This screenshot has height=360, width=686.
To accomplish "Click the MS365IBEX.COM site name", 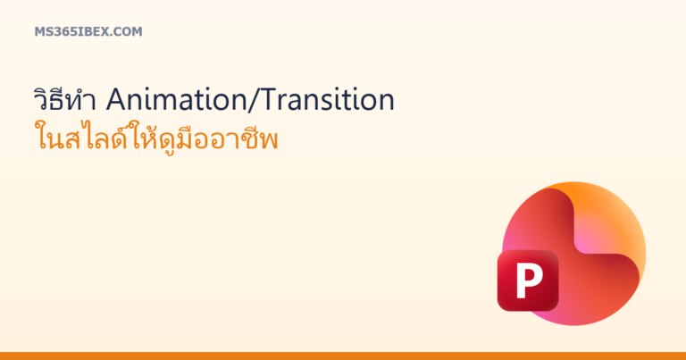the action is pos(88,31).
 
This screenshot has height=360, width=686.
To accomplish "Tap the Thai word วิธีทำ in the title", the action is pos(64,99).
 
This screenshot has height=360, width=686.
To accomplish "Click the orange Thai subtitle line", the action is pos(156,137).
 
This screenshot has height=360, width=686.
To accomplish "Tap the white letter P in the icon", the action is pos(529,280).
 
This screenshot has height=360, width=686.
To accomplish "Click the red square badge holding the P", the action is pos(528,280).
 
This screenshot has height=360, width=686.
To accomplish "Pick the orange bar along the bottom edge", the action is pos(343,356).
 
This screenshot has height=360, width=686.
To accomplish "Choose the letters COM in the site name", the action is pos(130,31).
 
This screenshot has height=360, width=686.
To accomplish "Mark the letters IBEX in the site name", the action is pos(94,31).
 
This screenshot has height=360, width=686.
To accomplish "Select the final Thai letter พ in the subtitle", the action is pos(269,141).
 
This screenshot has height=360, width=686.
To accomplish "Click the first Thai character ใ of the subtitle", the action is pos(41,138).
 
